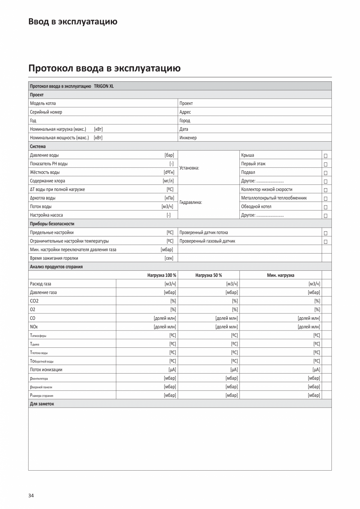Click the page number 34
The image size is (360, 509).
(x=31, y=495)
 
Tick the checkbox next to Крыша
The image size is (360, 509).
(x=325, y=156)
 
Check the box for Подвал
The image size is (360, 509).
(x=325, y=173)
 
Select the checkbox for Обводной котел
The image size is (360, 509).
(x=325, y=207)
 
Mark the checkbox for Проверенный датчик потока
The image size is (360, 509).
(x=325, y=233)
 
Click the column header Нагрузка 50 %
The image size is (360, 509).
(x=209, y=275)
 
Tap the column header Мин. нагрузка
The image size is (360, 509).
(x=281, y=275)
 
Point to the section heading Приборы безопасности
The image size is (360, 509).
(x=52, y=224)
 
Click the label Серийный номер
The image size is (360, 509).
(x=46, y=112)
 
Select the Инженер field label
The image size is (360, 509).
(x=188, y=138)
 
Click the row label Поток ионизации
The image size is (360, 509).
(x=46, y=369)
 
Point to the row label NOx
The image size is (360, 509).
(x=34, y=326)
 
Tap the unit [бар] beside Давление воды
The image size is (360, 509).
(x=169, y=155)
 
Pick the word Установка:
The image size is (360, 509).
(x=189, y=168)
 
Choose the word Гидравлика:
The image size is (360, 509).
(x=191, y=202)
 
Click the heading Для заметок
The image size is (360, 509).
(x=42, y=404)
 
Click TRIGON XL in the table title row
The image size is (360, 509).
(x=104, y=86)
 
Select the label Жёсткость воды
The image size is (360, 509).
(x=45, y=172)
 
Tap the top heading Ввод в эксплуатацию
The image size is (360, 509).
(x=73, y=22)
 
